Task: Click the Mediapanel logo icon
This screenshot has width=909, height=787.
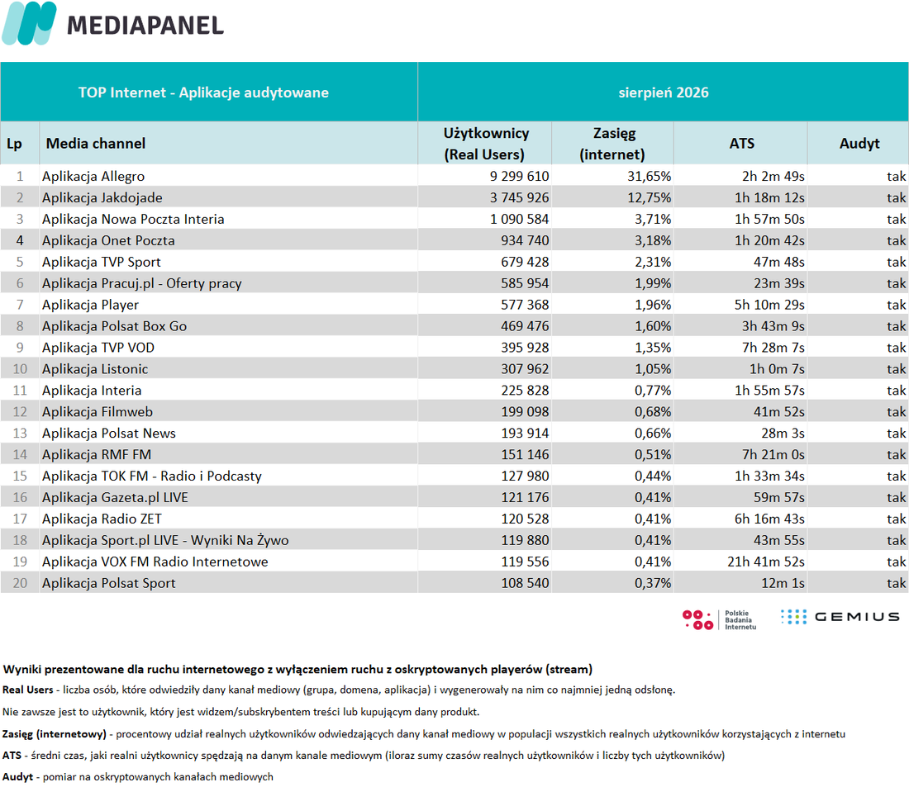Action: coord(29,23)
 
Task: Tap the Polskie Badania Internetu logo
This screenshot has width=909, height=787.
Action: coord(720,619)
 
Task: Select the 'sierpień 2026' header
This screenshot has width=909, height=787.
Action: coord(664,92)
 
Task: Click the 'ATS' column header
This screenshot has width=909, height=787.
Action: coord(741,143)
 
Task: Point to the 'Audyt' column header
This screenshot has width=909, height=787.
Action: coord(859,143)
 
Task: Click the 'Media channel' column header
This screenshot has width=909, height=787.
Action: coord(96,143)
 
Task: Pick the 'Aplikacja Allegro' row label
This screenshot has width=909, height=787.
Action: coord(93,176)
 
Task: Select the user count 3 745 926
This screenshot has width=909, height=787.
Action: coord(519,197)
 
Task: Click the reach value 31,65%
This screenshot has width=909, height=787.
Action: coord(649,176)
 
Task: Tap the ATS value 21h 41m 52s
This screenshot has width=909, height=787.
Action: coord(766,562)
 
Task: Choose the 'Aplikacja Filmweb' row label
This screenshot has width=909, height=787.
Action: coord(98,411)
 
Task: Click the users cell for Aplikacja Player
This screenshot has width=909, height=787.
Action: coord(525,305)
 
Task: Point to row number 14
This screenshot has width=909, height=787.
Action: coord(20,454)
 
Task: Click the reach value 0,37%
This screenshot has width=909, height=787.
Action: coord(653,583)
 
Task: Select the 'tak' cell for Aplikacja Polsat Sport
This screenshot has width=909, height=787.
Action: coord(897,583)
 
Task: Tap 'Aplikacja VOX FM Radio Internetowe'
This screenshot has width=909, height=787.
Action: coord(155,562)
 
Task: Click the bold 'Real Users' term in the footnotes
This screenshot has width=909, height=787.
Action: coord(28,690)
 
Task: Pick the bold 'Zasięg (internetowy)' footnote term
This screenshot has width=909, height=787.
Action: coord(55,734)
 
